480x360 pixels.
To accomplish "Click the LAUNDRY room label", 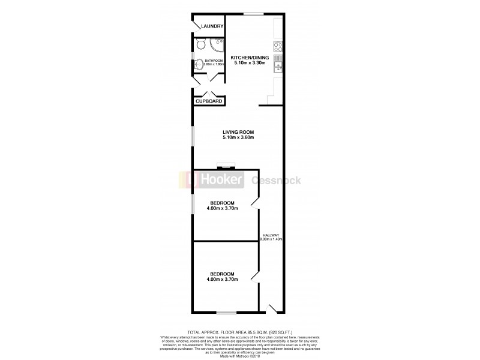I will coord(212,26).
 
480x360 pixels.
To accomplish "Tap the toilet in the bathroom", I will coord(200,44).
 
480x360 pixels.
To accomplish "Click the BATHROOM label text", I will coord(214,61).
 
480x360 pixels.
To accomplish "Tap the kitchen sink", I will coord(278,62).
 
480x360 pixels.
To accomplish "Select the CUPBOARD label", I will coord(209,101).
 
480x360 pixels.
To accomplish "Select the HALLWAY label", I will coord(272,235).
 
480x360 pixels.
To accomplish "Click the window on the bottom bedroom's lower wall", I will coord(226,312).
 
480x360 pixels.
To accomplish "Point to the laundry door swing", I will coord(197,26).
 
